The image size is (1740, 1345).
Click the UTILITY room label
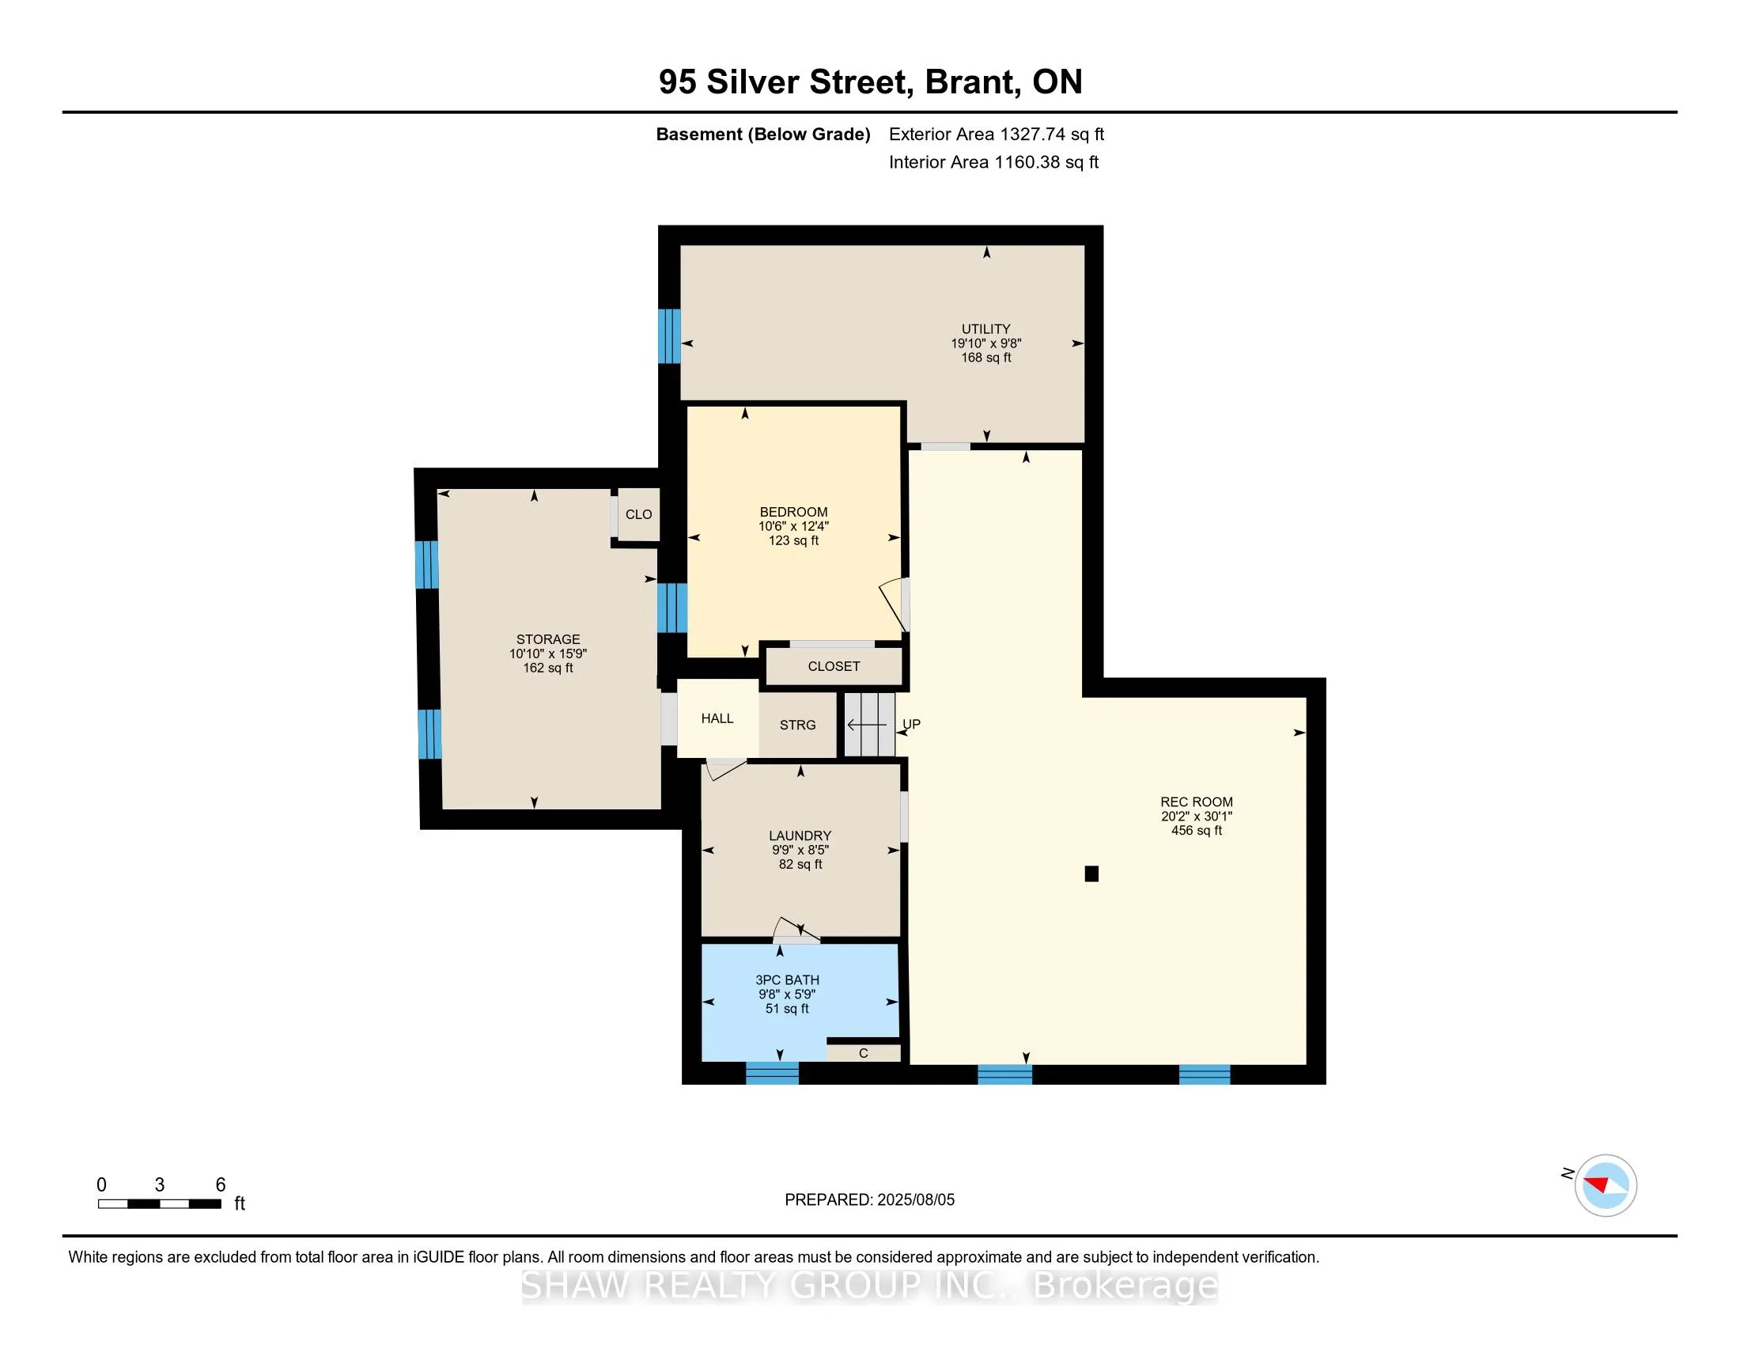click(x=985, y=329)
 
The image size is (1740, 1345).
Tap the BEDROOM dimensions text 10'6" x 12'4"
click(x=793, y=527)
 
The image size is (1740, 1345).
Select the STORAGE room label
click(x=548, y=639)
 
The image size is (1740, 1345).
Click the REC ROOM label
click(x=1197, y=802)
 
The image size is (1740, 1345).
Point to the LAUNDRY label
click(x=800, y=835)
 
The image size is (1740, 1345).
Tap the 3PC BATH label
click(x=787, y=980)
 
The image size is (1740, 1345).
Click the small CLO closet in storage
click(x=639, y=515)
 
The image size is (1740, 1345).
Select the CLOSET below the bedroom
click(x=834, y=666)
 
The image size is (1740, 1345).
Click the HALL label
click(x=717, y=718)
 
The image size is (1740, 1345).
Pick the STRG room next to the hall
click(x=797, y=724)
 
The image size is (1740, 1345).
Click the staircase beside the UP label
click(x=870, y=724)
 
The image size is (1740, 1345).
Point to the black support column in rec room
click(x=1091, y=874)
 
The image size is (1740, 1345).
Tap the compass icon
click(x=1606, y=1185)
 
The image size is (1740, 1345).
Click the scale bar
click(x=159, y=1204)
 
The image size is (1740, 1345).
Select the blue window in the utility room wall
click(x=669, y=335)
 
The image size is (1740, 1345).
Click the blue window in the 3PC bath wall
click(x=772, y=1073)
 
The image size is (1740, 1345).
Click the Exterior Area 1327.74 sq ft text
click(x=997, y=134)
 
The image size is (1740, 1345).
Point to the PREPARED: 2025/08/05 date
click(x=869, y=1200)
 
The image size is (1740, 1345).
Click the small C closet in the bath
click(x=864, y=1053)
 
